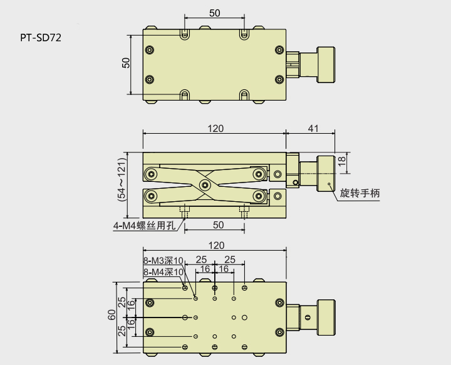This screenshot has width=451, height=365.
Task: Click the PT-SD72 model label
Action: (x=41, y=37)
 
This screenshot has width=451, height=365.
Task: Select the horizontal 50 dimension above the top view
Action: (x=214, y=13)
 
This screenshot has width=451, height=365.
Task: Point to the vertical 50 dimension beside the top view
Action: (x=126, y=63)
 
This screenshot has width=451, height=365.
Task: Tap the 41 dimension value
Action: (x=313, y=128)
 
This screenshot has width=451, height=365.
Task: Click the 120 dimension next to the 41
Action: (x=215, y=128)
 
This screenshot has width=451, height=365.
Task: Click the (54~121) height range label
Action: (x=122, y=179)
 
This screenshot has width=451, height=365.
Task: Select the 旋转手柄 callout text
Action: (x=360, y=194)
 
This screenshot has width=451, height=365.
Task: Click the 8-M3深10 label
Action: (x=163, y=261)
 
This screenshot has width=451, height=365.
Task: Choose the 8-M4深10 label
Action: (x=163, y=272)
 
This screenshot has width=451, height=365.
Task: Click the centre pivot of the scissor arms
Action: (x=204, y=184)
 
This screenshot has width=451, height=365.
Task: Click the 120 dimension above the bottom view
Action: (x=215, y=246)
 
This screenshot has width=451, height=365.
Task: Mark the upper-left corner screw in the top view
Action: (x=149, y=50)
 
